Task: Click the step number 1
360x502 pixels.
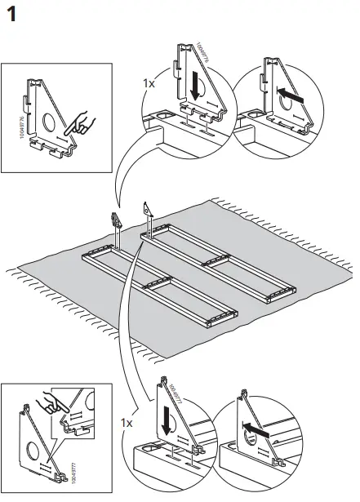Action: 14,16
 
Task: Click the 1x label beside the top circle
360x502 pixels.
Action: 149,84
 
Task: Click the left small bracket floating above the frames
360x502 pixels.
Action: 115,220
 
